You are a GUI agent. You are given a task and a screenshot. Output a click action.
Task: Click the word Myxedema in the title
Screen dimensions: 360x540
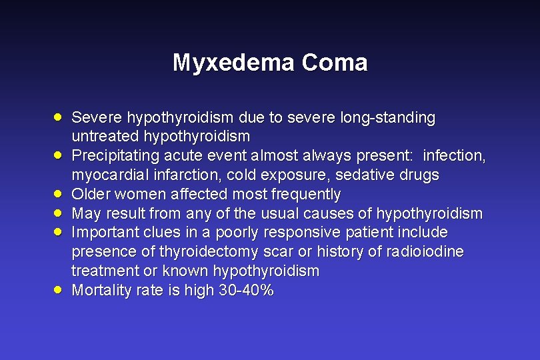click(233, 63)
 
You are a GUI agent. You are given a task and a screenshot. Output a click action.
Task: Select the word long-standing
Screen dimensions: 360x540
click(387, 118)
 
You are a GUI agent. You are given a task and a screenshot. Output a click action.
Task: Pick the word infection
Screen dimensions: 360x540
click(455, 156)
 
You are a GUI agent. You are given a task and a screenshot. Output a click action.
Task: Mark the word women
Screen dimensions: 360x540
click(138, 194)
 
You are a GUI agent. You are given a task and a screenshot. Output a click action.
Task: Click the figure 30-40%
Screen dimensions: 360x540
click(246, 291)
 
